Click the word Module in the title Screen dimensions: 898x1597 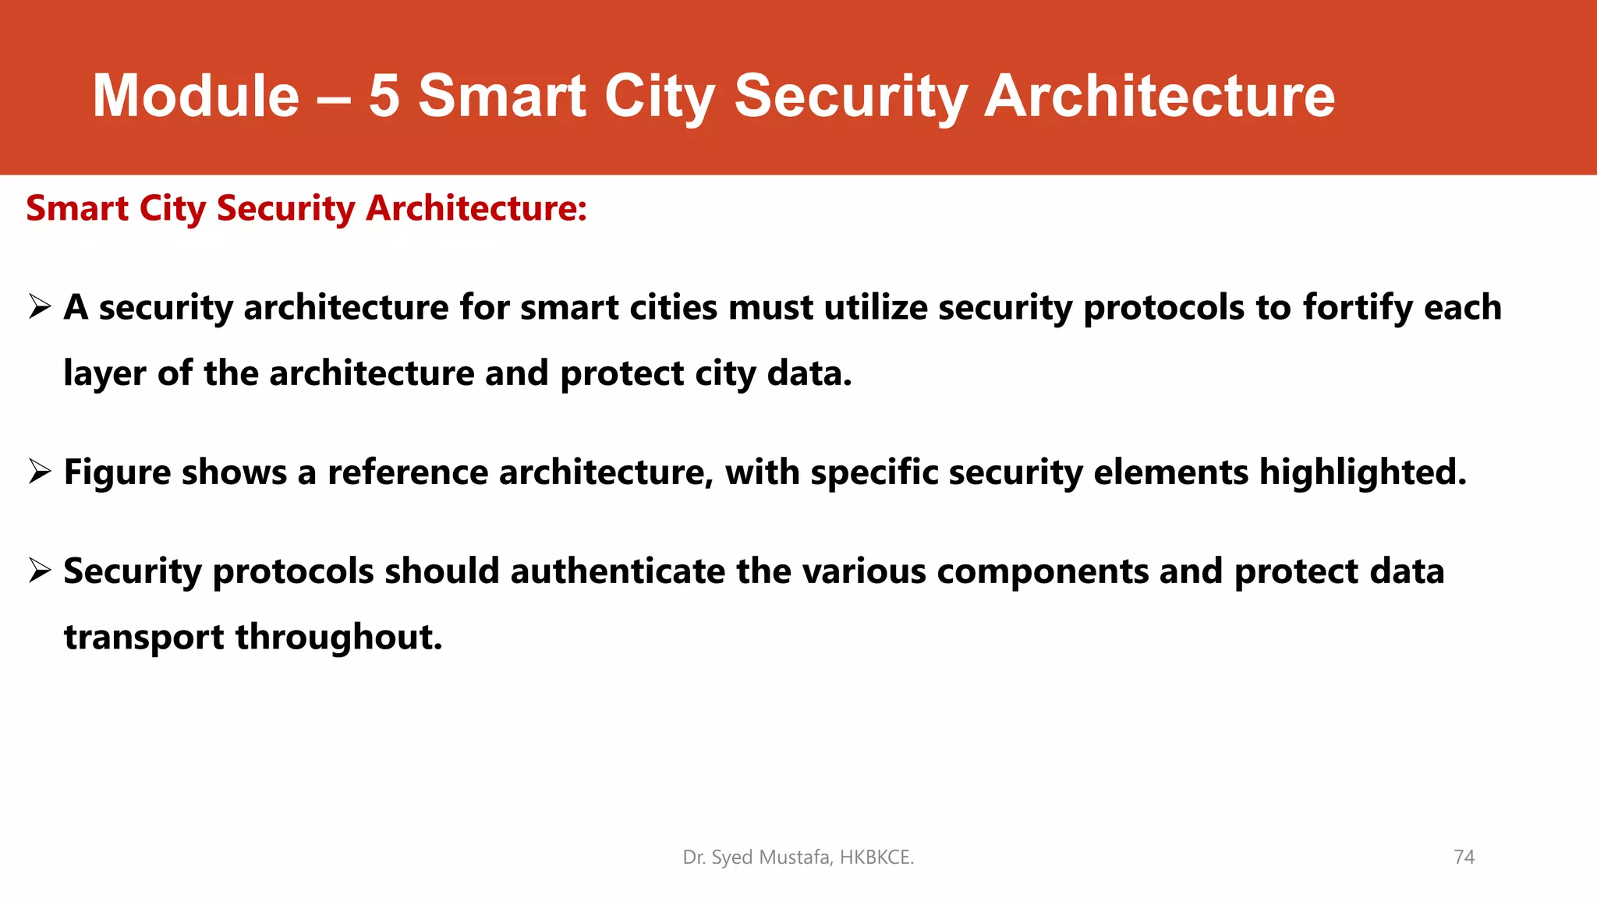coord(196,96)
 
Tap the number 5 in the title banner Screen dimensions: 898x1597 coord(384,96)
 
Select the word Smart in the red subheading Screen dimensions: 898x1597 coord(77,209)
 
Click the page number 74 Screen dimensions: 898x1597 coord(1464,857)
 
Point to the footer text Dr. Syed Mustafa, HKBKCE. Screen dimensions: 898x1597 coord(798,857)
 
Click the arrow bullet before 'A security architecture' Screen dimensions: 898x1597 coord(40,306)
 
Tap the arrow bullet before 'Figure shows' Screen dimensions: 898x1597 coord(40,471)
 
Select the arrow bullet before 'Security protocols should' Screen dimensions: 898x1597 coord(40,570)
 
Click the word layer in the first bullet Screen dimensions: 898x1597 coord(104,374)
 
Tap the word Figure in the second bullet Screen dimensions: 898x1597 coord(117,473)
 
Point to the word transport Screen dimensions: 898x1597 coord(143,638)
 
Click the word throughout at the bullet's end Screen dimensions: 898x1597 coord(338,638)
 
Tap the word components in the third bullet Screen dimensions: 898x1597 coord(1043,572)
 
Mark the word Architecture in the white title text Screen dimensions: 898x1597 coord(1159,96)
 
